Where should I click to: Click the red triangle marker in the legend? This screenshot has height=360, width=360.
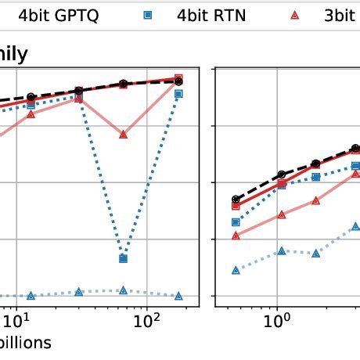(294, 16)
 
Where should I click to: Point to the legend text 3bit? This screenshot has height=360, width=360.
(338, 16)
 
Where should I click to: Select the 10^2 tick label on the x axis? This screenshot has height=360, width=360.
(145, 320)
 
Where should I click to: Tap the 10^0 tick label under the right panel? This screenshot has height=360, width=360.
(275, 320)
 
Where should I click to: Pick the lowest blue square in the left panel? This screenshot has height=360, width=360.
(123, 258)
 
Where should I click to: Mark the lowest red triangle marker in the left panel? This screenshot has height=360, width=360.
(123, 135)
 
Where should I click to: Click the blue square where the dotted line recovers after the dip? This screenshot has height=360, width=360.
(179, 94)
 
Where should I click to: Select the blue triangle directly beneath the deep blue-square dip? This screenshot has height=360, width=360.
(123, 290)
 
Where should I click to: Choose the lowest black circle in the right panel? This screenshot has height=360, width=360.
(236, 200)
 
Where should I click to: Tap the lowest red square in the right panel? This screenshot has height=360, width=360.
(236, 206)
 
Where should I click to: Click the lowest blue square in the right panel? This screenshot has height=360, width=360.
(236, 222)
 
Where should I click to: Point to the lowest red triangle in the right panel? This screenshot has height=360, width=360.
(236, 235)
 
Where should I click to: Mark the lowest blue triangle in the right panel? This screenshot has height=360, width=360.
(236, 270)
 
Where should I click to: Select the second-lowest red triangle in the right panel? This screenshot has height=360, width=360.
(282, 214)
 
